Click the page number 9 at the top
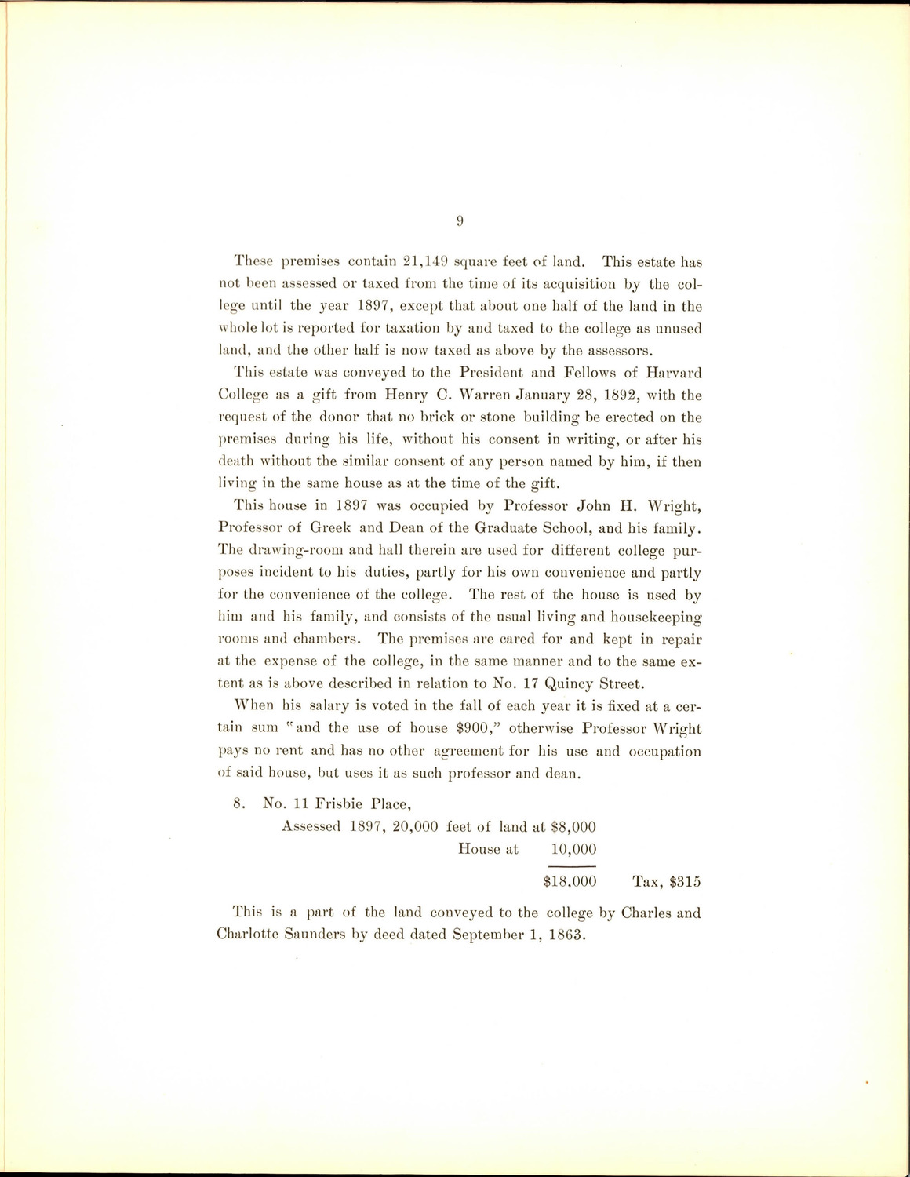tap(460, 221)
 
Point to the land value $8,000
tap(573, 825)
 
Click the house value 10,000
tap(573, 848)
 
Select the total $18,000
tap(570, 881)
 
